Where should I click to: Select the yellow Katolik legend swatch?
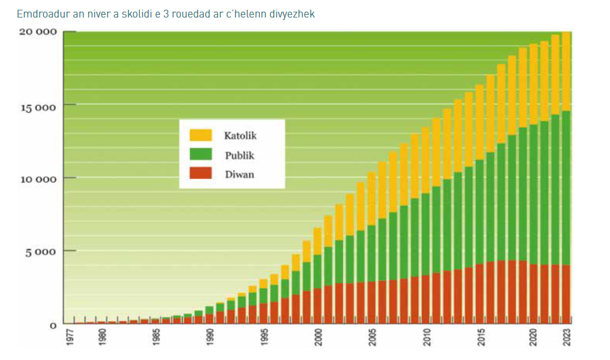click(200, 135)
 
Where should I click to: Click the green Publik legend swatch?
click(200, 154)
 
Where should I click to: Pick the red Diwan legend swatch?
click(200, 173)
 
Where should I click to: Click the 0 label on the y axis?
click(53, 324)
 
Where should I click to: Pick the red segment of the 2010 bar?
click(426, 299)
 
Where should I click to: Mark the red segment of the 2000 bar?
click(318, 306)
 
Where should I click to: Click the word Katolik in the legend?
click(240, 136)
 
